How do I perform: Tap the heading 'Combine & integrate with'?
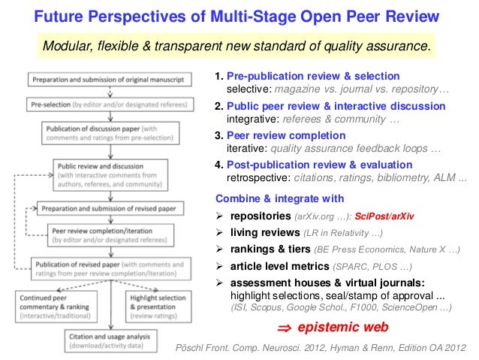(x=279, y=199)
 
